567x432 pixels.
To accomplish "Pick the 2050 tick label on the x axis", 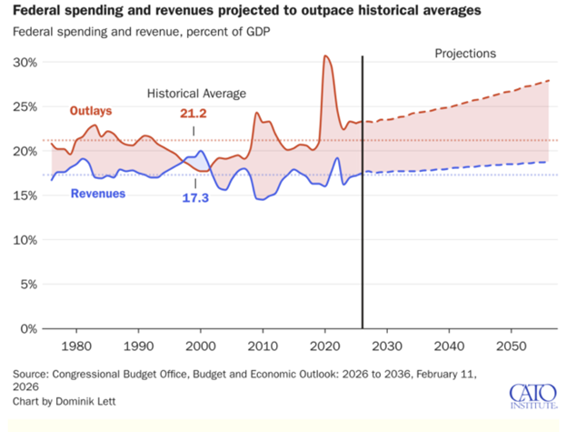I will (512, 347).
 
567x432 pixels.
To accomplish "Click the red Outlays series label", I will (91, 111).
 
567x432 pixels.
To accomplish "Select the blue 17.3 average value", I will (195, 197).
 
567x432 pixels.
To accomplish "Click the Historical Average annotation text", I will (197, 93).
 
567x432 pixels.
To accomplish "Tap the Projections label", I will (463, 54).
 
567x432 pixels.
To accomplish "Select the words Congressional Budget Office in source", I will (124, 373).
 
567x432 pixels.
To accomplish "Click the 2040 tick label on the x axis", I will (450, 347).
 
